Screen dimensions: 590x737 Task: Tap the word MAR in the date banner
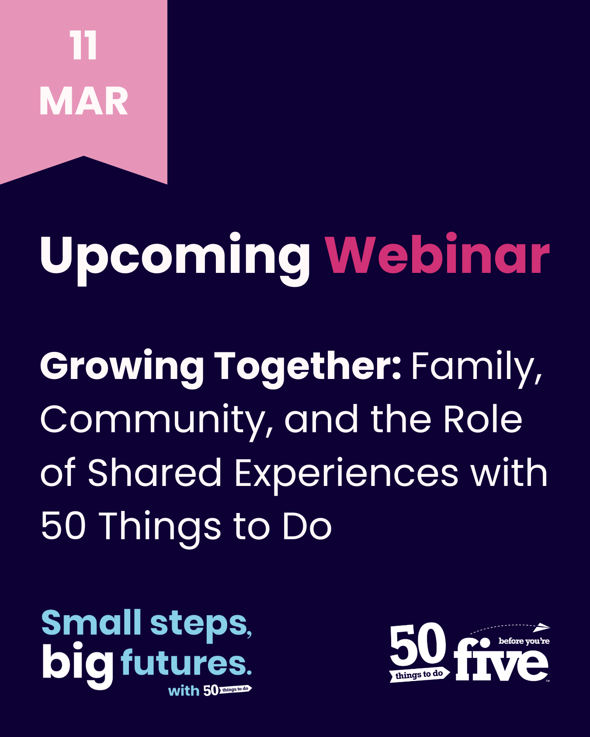84,101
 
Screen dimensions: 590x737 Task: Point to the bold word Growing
122,368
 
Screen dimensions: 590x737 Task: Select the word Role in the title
482,418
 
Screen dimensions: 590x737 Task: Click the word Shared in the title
155,472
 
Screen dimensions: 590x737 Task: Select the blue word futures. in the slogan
186,662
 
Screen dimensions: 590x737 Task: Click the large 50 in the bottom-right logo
418,644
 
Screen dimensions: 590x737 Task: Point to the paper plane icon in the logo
542,627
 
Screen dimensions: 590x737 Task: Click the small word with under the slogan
184,691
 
